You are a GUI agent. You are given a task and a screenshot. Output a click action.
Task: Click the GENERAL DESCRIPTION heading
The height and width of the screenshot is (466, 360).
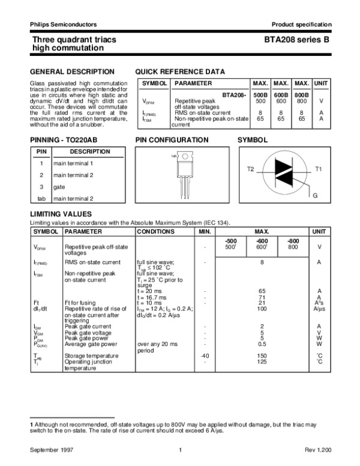[64, 71]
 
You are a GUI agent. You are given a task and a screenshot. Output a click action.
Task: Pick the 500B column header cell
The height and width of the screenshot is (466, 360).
[260, 94]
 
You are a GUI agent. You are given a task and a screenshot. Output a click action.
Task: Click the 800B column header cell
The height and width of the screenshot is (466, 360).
[302, 94]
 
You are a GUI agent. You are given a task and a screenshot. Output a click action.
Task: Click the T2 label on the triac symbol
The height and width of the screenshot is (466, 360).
[250, 170]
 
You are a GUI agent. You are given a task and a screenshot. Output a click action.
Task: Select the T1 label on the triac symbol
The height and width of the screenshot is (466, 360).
[319, 170]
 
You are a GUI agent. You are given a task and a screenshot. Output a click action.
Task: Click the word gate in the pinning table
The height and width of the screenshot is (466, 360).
[59, 187]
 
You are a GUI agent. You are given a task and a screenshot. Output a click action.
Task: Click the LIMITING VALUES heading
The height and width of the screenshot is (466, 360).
[61, 214]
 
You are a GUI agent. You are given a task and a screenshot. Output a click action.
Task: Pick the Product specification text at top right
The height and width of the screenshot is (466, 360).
[301, 25]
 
